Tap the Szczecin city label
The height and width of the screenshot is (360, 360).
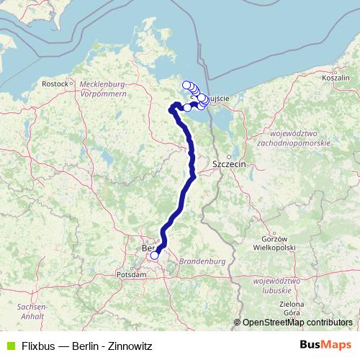pos(230,164)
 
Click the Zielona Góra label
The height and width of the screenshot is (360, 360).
pos(292,309)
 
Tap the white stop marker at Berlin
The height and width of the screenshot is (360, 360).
pos(154,255)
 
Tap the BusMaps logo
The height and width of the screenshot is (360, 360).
pos(325,345)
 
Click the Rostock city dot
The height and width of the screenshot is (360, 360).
pos(71,84)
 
